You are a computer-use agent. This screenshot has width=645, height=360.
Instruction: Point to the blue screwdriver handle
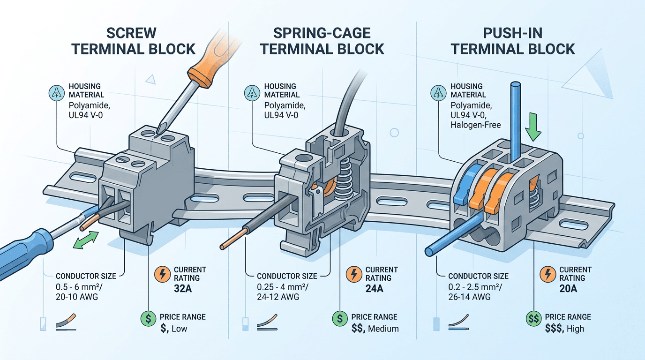(23, 253)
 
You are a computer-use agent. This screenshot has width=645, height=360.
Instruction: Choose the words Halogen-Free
(476, 125)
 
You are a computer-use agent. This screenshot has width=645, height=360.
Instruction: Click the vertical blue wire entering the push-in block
(516, 117)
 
